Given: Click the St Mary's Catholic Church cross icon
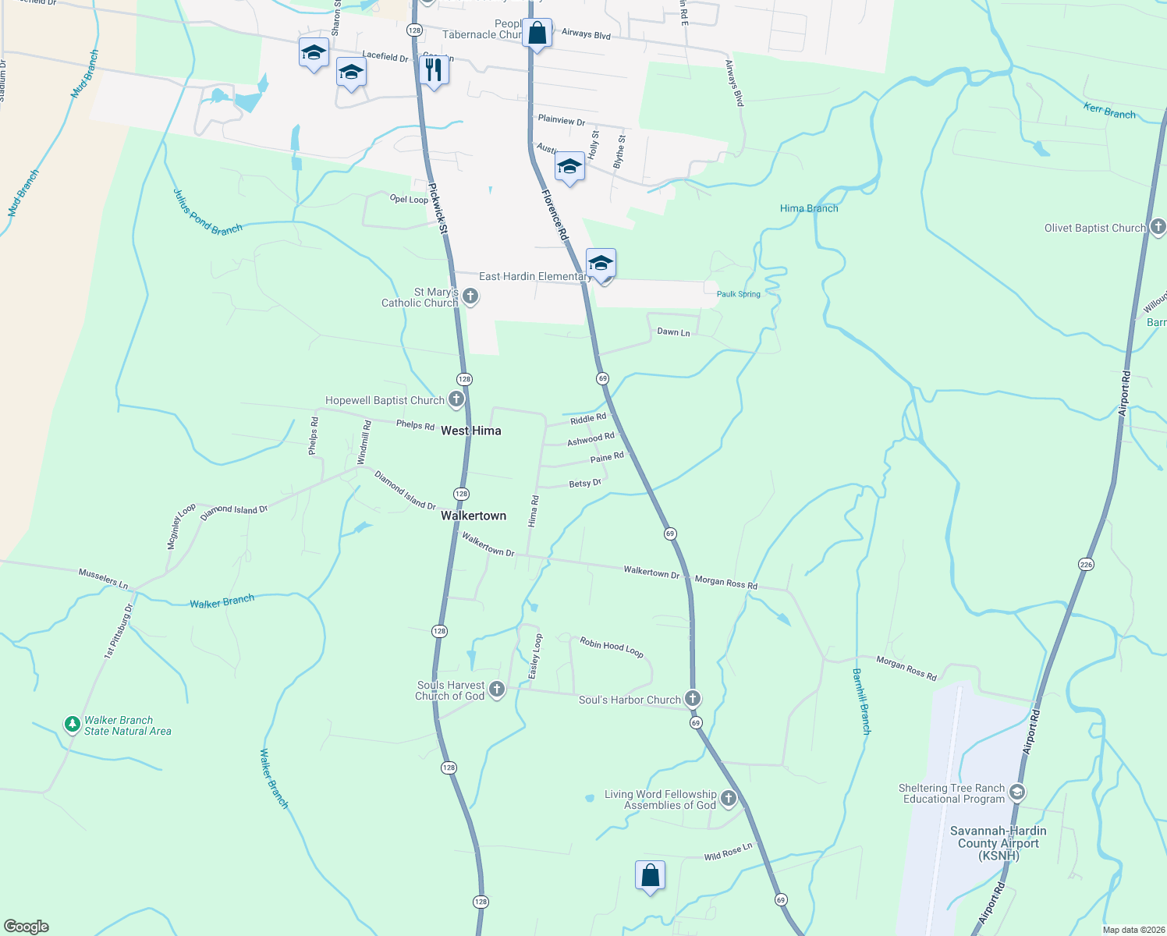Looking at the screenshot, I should tap(470, 296).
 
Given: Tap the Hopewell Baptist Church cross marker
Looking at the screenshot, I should tap(456, 400).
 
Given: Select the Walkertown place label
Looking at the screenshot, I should tap(474, 516).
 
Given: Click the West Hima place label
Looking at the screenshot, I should tap(471, 431).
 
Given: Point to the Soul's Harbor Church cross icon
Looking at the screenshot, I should tap(692, 698).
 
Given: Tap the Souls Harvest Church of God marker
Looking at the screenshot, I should tap(497, 690).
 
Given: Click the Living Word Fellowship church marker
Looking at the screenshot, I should tap(728, 798).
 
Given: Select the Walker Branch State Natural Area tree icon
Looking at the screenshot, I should tap(73, 725).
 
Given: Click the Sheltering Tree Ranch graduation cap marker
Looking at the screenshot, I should tap(1016, 792).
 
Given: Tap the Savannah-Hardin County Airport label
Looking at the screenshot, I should tap(999, 843).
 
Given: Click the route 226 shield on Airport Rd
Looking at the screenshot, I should tap(1086, 564).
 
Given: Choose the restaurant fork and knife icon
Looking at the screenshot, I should tap(433, 69).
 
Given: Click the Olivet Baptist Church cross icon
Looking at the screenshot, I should tap(1158, 227).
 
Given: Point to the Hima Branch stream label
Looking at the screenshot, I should tap(809, 208).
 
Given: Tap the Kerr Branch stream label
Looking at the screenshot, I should tap(1109, 111).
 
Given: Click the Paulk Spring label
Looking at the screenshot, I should tap(738, 294).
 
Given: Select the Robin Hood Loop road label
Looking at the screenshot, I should tap(612, 647).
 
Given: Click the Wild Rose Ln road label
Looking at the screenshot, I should tap(728, 852).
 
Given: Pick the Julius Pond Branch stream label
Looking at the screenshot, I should tap(208, 212).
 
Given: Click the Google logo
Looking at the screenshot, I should tap(27, 926).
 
